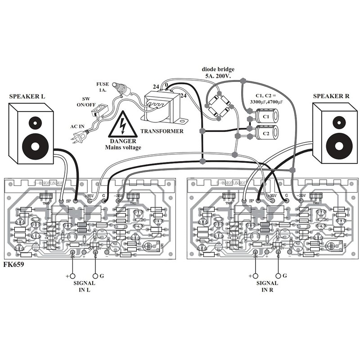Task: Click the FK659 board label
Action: click(x=13, y=265)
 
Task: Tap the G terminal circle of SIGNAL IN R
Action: click(x=279, y=276)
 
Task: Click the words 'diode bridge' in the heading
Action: click(x=218, y=69)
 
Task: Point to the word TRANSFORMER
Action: click(x=162, y=131)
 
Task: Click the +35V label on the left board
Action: click(x=89, y=196)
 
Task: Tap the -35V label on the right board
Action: click(x=301, y=196)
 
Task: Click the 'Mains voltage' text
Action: click(x=123, y=147)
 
